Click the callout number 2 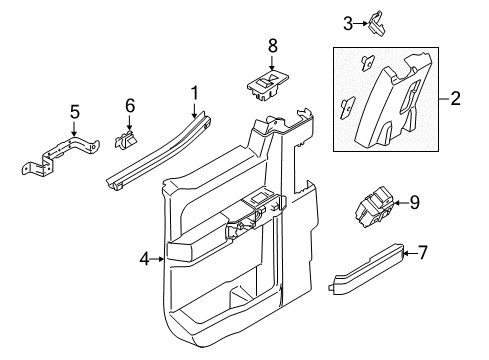pos(455,98)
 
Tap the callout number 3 pos(349,22)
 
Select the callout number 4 pos(144,259)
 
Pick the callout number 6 pos(129,106)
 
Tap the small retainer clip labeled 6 pos(127,139)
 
